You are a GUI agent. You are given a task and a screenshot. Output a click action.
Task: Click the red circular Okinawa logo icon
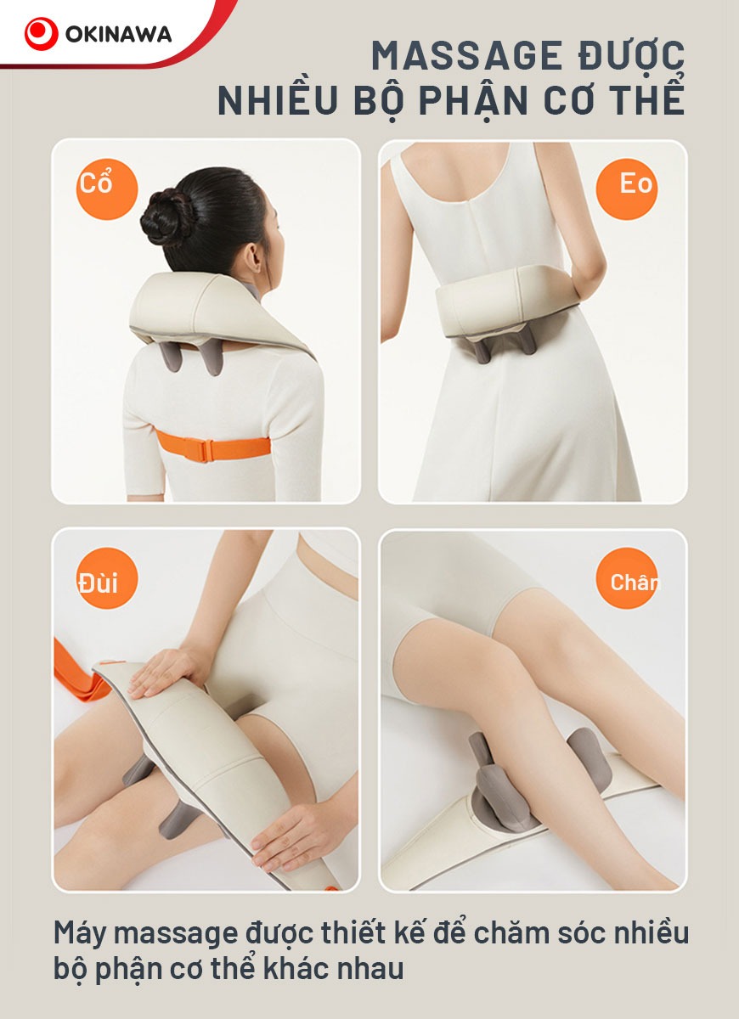click(x=41, y=34)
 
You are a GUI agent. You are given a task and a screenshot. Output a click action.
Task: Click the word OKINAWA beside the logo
click(x=118, y=35)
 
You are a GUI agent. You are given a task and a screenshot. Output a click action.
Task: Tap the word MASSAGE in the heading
click(x=467, y=55)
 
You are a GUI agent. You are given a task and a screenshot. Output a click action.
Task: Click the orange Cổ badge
click(x=106, y=189)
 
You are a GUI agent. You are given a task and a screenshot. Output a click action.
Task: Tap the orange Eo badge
click(x=627, y=189)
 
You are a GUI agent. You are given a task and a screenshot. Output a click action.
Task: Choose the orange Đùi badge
click(x=106, y=577)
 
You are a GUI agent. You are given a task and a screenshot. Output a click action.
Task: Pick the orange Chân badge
click(x=627, y=577)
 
